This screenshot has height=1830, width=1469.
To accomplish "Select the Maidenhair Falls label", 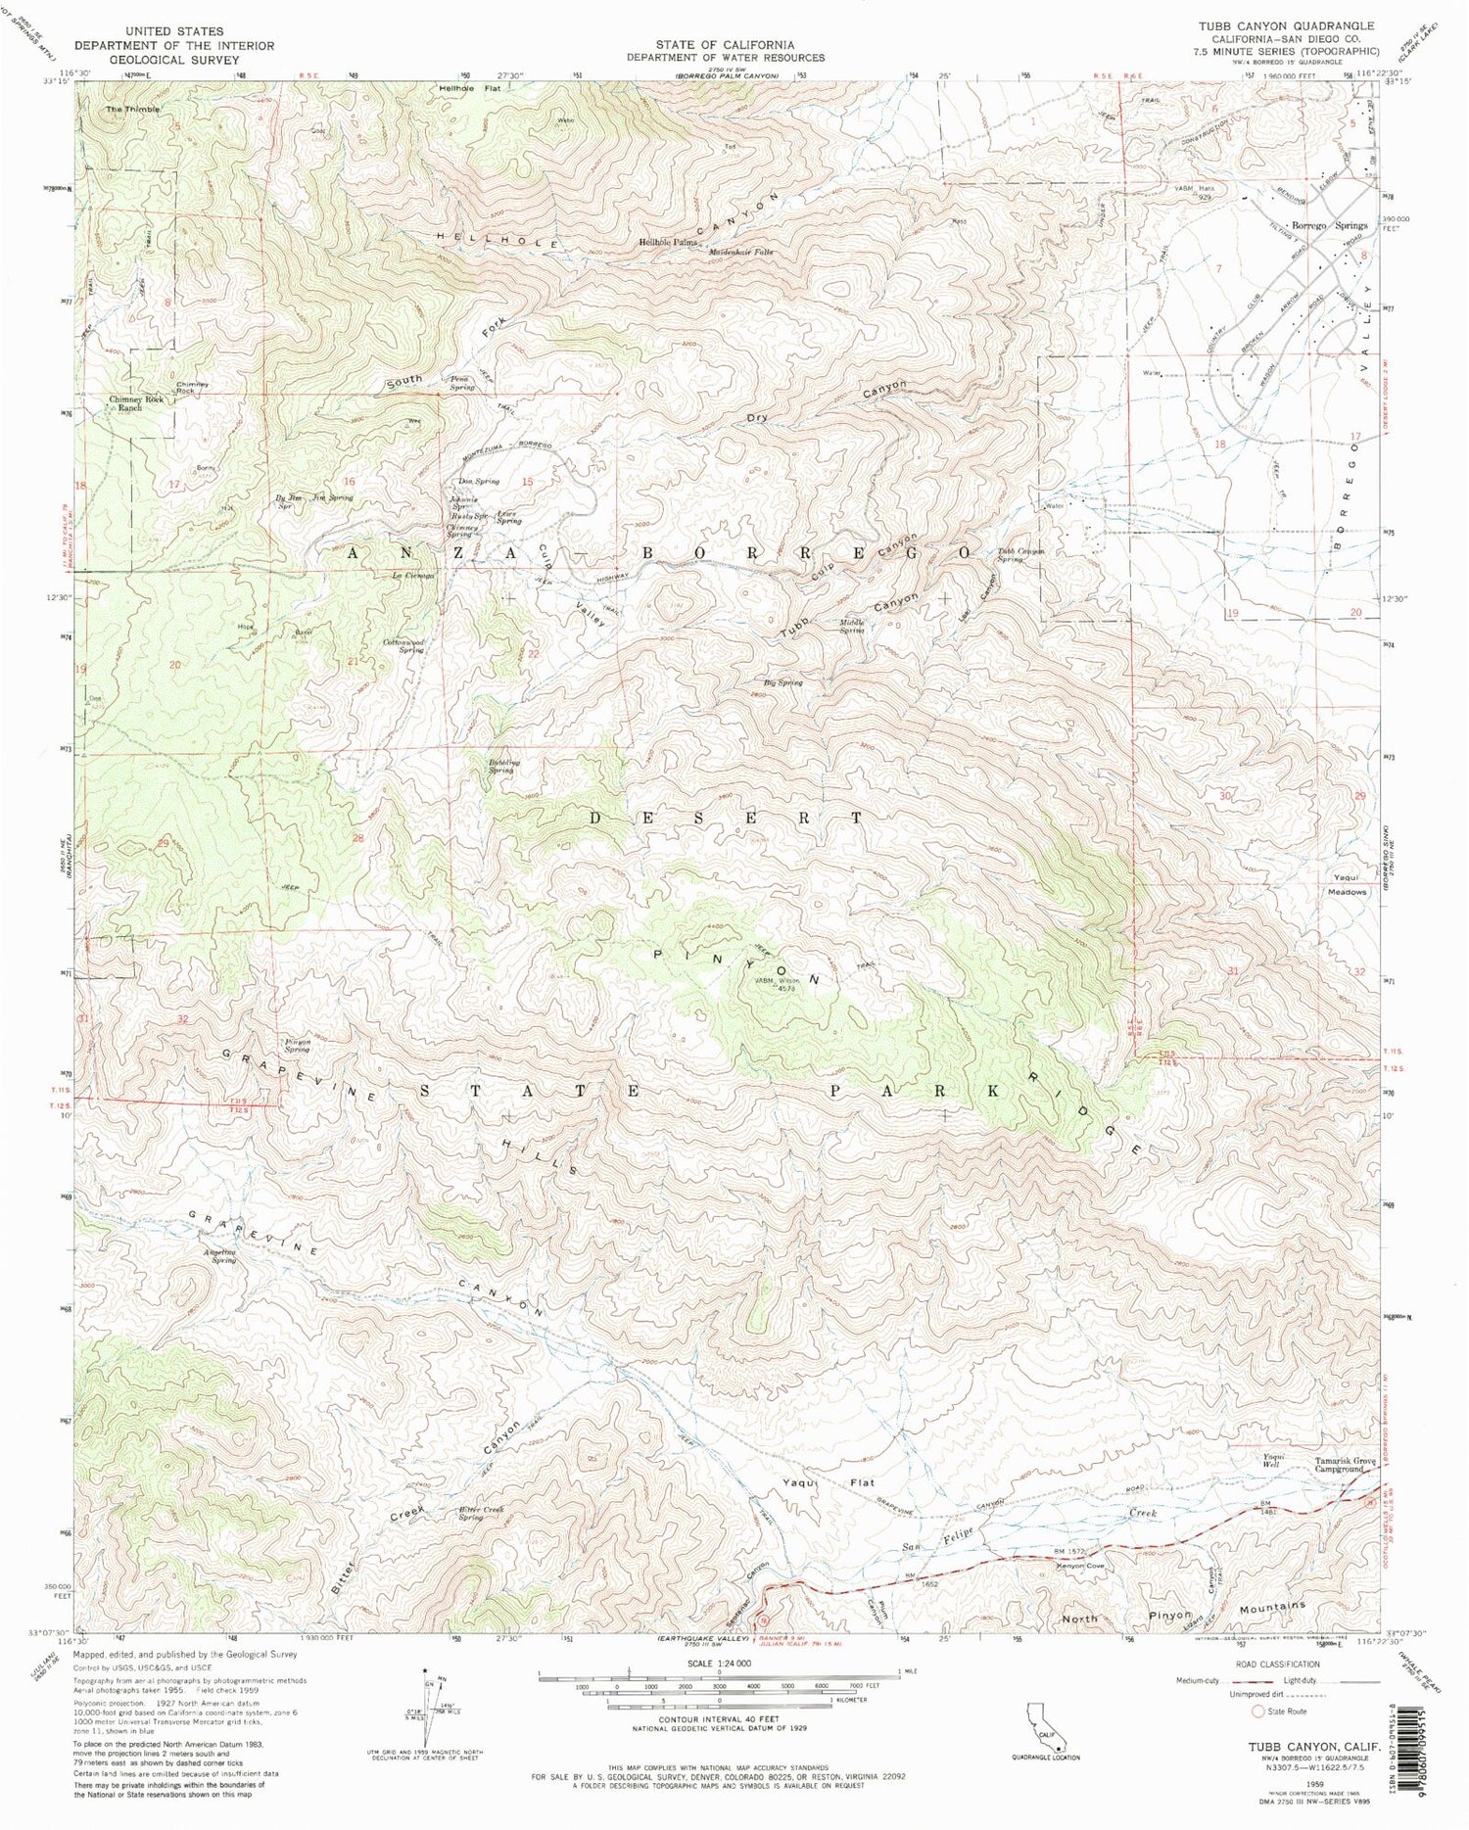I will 741,252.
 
